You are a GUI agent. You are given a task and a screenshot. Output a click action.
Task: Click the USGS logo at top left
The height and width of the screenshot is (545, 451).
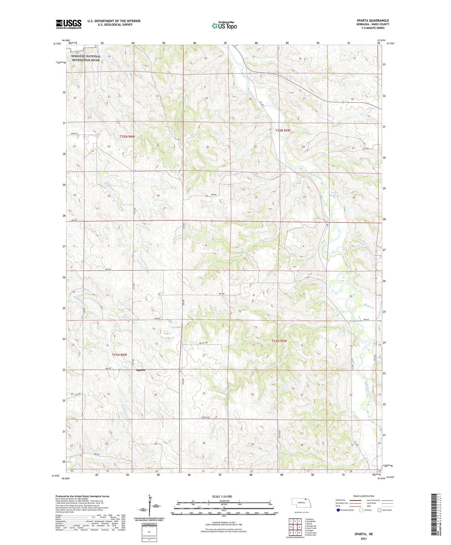click(69, 24)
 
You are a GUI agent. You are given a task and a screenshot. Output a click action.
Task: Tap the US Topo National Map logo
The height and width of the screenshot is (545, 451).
click(224, 26)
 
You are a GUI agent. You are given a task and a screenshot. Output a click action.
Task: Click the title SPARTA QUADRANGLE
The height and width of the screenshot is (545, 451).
click(373, 20)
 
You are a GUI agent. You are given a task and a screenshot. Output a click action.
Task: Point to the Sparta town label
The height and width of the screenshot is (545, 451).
click(140, 370)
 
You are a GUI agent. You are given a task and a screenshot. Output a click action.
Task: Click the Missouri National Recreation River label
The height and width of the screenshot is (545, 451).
click(86, 58)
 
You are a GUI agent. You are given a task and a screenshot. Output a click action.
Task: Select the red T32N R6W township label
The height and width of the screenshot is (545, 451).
click(127, 136)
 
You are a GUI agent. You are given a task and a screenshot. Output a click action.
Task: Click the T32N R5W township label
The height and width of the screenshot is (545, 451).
click(283, 130)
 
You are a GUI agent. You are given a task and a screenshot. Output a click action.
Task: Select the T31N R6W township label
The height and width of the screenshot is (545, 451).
click(119, 355)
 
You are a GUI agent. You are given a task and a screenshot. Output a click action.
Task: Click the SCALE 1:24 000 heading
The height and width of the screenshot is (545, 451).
click(222, 496)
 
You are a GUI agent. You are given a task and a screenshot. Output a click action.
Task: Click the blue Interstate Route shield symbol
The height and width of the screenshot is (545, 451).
click(338, 510)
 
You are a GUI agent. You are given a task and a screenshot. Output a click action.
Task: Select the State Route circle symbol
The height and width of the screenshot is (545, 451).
click(379, 510)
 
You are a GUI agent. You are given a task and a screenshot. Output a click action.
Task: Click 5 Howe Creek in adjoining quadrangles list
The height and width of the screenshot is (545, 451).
click(310, 528)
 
